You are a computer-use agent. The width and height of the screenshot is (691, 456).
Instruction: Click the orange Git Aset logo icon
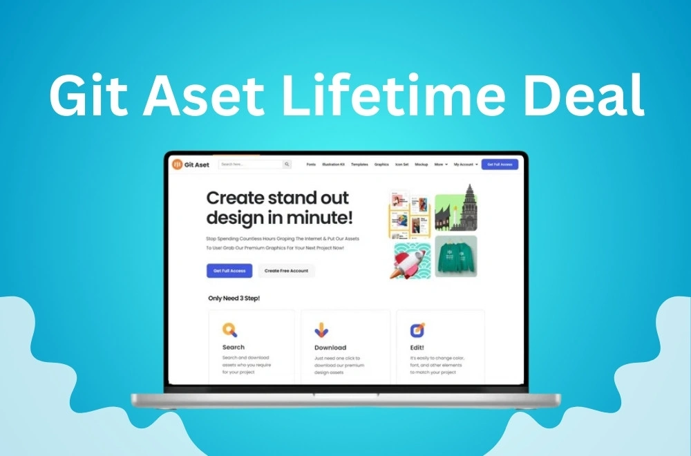pos(178,164)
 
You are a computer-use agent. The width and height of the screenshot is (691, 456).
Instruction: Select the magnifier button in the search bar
pos(287,164)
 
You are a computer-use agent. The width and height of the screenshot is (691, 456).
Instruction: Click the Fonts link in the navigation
pos(311,164)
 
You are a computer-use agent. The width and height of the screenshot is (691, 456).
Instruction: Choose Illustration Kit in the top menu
pos(334,164)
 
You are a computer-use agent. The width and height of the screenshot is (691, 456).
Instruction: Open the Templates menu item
pos(359,164)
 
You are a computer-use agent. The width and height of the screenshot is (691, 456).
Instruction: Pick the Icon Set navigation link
pos(401,164)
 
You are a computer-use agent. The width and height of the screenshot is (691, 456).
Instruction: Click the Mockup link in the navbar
pos(422,164)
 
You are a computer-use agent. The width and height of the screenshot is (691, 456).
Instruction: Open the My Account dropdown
pos(465,164)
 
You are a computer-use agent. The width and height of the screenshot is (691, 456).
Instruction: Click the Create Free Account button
pos(286,271)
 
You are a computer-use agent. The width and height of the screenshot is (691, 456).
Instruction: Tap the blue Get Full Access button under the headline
pos(229,271)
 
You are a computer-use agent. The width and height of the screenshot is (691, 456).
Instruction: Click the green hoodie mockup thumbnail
pos(456,256)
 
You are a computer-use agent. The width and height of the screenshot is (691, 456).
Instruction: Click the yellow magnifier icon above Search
pos(230,330)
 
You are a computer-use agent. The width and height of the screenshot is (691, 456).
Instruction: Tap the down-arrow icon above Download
pos(322,330)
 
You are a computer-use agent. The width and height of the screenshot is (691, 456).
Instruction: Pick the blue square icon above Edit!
pos(418,330)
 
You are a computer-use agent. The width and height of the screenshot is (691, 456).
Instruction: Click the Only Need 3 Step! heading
pos(234,298)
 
